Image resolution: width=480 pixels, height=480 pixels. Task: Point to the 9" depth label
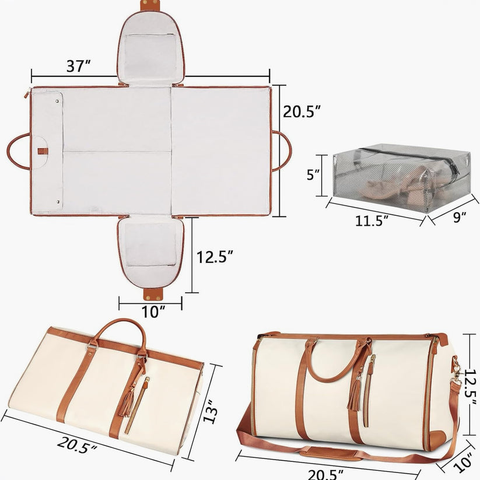(460, 217)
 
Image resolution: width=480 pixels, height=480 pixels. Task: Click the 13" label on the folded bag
(215, 411)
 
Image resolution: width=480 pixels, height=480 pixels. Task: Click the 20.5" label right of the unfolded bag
(302, 111)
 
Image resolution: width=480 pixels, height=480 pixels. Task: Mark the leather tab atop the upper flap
(150, 5)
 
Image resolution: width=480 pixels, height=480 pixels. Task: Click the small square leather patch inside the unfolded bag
(41, 151)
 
